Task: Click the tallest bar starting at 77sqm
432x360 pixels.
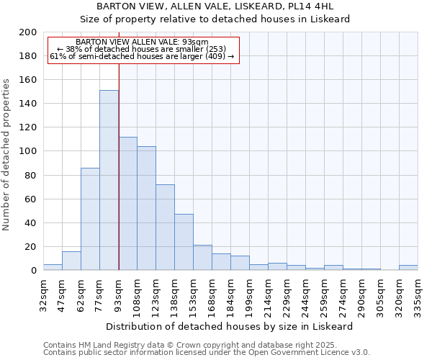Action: click(109, 180)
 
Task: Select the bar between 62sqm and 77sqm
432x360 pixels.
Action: click(90, 219)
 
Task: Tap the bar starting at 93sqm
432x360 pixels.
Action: click(127, 203)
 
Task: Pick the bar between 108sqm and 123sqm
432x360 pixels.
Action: click(146, 208)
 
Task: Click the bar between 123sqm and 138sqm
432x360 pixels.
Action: click(165, 227)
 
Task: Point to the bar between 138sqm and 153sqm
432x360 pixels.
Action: click(184, 242)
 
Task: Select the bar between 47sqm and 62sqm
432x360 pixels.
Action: click(71, 261)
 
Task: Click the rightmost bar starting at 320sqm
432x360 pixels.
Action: click(408, 268)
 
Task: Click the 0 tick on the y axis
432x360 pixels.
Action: click(33, 271)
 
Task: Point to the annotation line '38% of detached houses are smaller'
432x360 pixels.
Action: click(142, 49)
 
